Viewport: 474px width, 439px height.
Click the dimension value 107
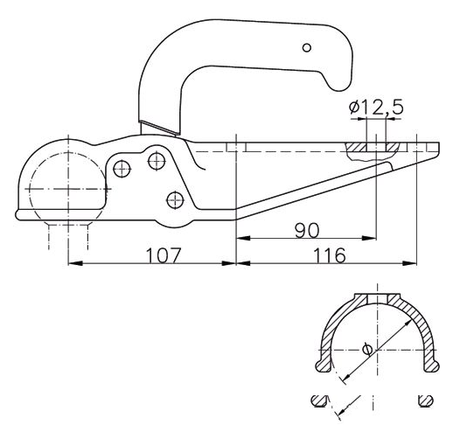tap(163, 254)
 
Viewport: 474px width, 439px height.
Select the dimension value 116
tap(325, 254)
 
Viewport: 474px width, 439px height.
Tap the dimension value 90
tap(306, 229)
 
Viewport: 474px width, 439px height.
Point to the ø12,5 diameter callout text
tap(375, 108)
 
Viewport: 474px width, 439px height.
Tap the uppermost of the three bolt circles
tap(157, 159)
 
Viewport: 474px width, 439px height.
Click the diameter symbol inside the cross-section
tap(366, 350)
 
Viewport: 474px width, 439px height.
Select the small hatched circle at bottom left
tap(317, 401)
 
